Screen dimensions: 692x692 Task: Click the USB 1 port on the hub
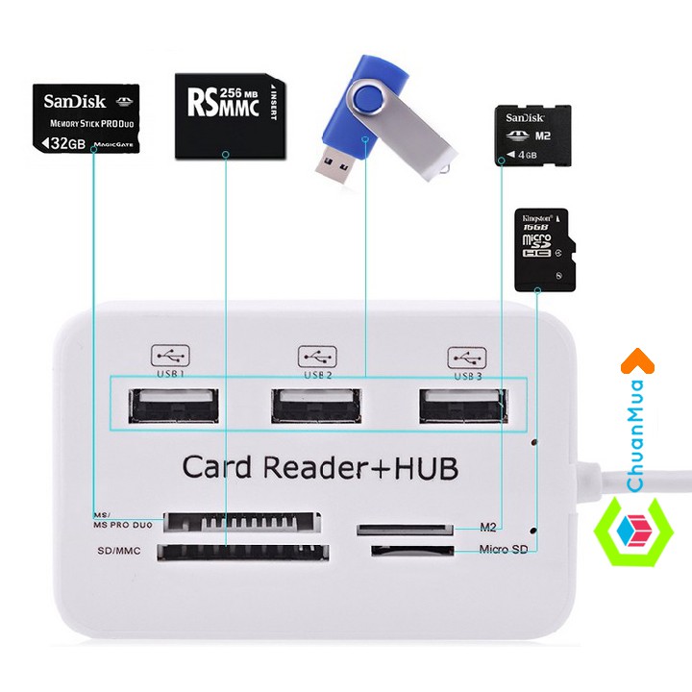170,405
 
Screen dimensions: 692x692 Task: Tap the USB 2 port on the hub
316,405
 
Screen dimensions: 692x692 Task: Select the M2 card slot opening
405,529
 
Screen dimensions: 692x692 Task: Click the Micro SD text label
504,550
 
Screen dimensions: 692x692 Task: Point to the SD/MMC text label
119,552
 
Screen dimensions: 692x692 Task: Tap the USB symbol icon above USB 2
317,355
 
